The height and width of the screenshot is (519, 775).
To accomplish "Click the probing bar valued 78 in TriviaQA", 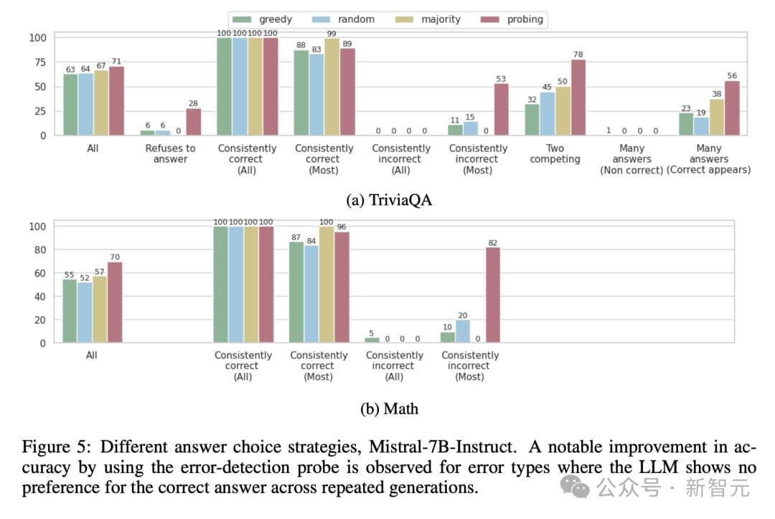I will pyautogui.click(x=578, y=97).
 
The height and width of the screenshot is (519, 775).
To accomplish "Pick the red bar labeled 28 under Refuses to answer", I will pyautogui.click(x=193, y=122).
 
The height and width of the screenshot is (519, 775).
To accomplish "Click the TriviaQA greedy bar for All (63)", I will pyautogui.click(x=70, y=105).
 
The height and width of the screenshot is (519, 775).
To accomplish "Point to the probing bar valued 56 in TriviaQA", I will pyautogui.click(x=731, y=108).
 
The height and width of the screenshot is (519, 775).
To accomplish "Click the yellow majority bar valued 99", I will pyautogui.click(x=332, y=87).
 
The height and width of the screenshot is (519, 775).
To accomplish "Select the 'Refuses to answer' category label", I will pyautogui.click(x=169, y=153).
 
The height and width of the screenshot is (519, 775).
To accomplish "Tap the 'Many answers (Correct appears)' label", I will pyautogui.click(x=708, y=159).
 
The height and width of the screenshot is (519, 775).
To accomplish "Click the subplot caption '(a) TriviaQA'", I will pyautogui.click(x=389, y=201).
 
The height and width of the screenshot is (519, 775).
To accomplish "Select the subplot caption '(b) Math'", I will pyautogui.click(x=389, y=409).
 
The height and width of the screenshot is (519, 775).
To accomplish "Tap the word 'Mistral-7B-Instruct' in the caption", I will pyautogui.click(x=441, y=447).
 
